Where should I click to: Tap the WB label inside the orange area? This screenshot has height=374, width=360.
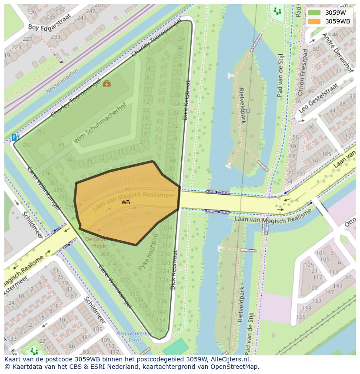(126, 202)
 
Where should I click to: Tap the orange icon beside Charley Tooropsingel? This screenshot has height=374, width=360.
(107, 83)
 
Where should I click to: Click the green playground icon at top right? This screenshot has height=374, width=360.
(277, 11)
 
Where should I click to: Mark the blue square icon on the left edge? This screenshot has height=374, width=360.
(16, 137)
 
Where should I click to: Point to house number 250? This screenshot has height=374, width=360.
(40, 132)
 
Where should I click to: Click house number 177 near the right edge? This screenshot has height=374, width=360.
(349, 137)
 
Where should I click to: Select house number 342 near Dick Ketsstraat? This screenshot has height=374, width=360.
(149, 315)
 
